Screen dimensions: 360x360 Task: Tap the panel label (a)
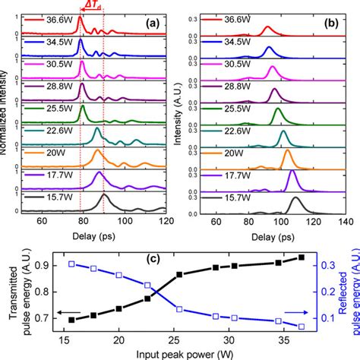pos(152,24)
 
